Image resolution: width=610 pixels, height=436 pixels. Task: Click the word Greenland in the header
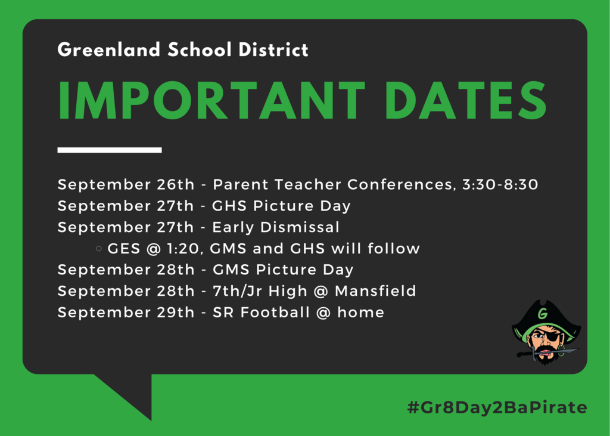tap(109, 50)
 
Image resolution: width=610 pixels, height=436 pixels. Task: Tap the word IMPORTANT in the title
tap(211, 101)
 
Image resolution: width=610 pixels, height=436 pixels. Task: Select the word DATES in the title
tap(466, 101)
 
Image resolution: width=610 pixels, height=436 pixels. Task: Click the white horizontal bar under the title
tap(110, 150)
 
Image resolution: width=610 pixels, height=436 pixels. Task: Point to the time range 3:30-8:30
tap(500, 184)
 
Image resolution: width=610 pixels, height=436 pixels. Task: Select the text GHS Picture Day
tap(281, 206)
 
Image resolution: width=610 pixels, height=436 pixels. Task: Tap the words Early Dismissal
tap(276, 227)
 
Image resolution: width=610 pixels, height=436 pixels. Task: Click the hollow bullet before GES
tap(99, 248)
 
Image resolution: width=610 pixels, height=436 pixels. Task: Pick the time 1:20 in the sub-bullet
tap(183, 249)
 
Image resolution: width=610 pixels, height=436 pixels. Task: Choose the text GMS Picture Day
tap(283, 270)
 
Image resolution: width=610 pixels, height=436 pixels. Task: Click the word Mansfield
tap(375, 291)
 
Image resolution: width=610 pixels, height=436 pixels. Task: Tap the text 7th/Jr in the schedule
tap(237, 291)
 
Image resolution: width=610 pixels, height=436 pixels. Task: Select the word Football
tap(275, 312)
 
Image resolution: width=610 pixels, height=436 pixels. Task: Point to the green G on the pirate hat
tap(542, 313)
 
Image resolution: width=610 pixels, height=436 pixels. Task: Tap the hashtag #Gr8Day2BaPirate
tap(497, 407)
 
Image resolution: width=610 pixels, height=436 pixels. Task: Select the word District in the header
tap(273, 50)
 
